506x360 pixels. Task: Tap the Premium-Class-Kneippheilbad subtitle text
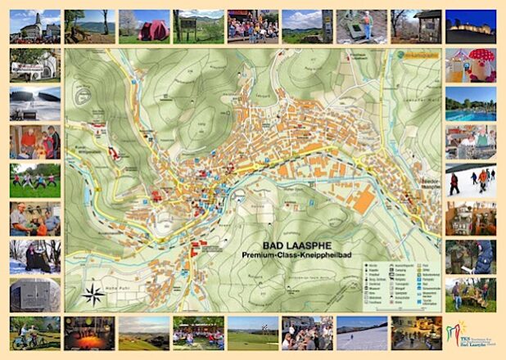(x=293, y=257)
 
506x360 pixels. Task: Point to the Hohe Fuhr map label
(x=118, y=288)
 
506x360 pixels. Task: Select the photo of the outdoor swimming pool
(x=470, y=105)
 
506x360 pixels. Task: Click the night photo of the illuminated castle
(x=470, y=26)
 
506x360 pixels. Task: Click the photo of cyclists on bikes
(x=34, y=334)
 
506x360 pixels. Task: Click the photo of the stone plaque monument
(x=34, y=294)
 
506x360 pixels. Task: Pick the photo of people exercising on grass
(x=34, y=180)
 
